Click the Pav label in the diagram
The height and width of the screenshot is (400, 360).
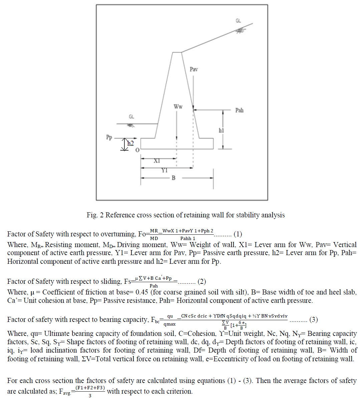pos(194,69)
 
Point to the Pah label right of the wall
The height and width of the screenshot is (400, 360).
pos(239,110)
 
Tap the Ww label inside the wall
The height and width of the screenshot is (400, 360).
pos(178,107)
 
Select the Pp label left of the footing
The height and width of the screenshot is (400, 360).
pos(109,137)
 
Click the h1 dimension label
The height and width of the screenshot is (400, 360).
pos(221,130)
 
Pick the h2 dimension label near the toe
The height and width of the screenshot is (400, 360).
pos(130,144)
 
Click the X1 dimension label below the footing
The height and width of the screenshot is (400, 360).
pos(157,161)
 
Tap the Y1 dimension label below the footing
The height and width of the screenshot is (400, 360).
pos(164,170)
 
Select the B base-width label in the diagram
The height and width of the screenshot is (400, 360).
pos(173,178)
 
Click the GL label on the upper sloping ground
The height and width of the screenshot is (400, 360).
pos(238,21)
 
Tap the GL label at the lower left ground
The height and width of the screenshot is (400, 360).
pos(131,117)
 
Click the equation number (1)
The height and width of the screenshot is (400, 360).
pos(238,234)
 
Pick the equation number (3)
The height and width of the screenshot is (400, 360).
pos(313,320)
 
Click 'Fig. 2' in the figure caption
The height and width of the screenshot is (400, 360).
pos(95,215)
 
